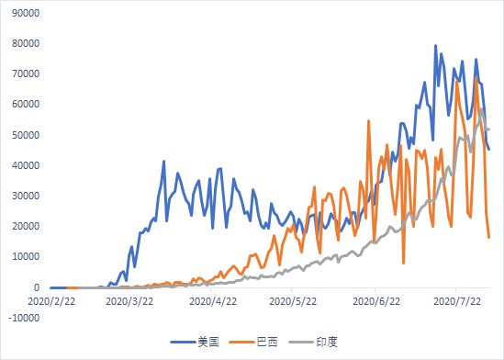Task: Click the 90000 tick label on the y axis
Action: click(x=26, y=13)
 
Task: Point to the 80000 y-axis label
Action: click(x=26, y=43)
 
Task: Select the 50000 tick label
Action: click(x=26, y=135)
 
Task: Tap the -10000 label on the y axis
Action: click(x=24, y=318)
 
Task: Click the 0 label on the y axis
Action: click(x=37, y=287)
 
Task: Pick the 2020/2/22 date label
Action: click(x=51, y=301)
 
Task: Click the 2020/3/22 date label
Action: click(x=129, y=301)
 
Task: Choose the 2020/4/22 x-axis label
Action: click(x=213, y=301)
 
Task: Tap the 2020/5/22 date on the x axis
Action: click(x=293, y=301)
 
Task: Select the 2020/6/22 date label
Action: click(x=376, y=301)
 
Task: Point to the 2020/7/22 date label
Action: click(x=457, y=301)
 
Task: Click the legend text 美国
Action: click(x=208, y=342)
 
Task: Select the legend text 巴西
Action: click(x=267, y=342)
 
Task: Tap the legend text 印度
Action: click(x=327, y=342)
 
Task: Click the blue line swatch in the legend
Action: click(x=183, y=342)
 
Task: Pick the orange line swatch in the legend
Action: click(x=242, y=342)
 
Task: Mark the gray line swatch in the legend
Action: click(x=301, y=342)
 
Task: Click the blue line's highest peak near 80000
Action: click(x=435, y=46)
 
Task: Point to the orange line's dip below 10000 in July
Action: click(x=403, y=264)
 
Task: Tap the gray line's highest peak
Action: click(x=481, y=109)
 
